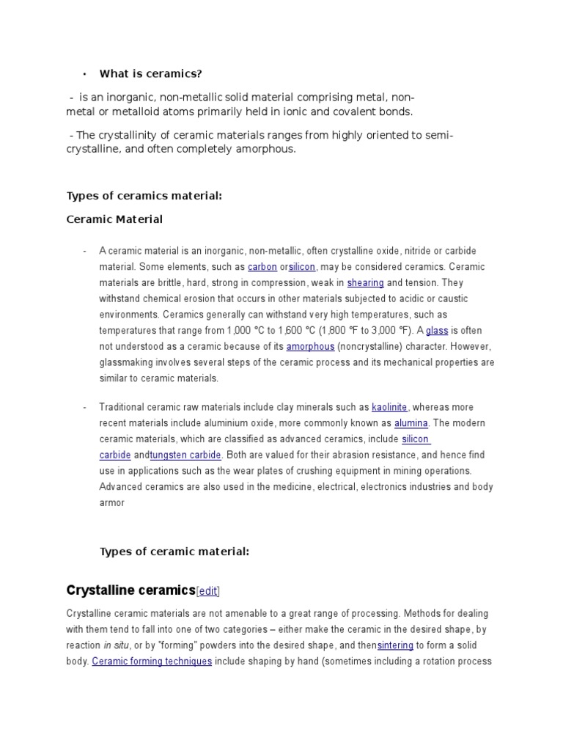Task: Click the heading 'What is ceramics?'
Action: (150, 73)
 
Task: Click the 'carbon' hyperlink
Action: (262, 267)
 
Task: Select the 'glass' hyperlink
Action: (437, 331)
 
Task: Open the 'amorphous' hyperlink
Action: (310, 347)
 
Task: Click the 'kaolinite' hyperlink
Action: (389, 407)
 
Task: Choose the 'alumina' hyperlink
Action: (411, 423)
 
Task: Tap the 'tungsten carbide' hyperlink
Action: (185, 455)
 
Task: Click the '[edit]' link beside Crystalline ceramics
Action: (208, 592)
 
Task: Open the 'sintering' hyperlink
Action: (395, 645)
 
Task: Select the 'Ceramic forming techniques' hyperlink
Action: (152, 662)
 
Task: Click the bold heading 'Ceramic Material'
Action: (114, 219)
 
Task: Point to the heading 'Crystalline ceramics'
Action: (130, 590)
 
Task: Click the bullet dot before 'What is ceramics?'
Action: (85, 74)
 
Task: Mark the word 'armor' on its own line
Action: (112, 503)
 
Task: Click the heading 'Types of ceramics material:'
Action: (144, 196)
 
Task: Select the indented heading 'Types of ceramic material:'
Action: (174, 552)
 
